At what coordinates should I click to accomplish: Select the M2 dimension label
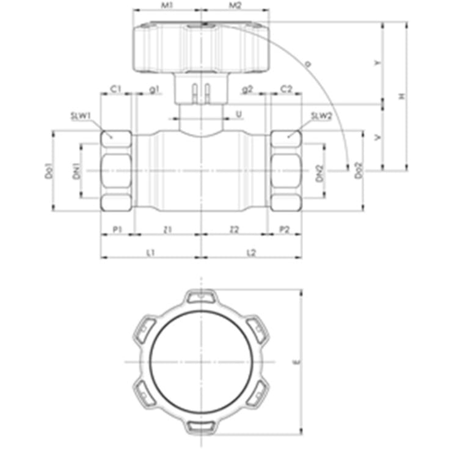click(235, 5)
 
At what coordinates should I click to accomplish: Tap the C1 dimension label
click(116, 89)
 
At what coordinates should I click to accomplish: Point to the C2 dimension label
click(286, 89)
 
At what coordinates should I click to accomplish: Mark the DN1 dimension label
click(76, 172)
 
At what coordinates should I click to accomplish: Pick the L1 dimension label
click(151, 252)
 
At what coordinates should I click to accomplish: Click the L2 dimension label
click(251, 252)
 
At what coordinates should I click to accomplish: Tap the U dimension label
click(239, 114)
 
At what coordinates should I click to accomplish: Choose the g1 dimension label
click(154, 89)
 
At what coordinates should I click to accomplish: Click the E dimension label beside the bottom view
click(296, 362)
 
